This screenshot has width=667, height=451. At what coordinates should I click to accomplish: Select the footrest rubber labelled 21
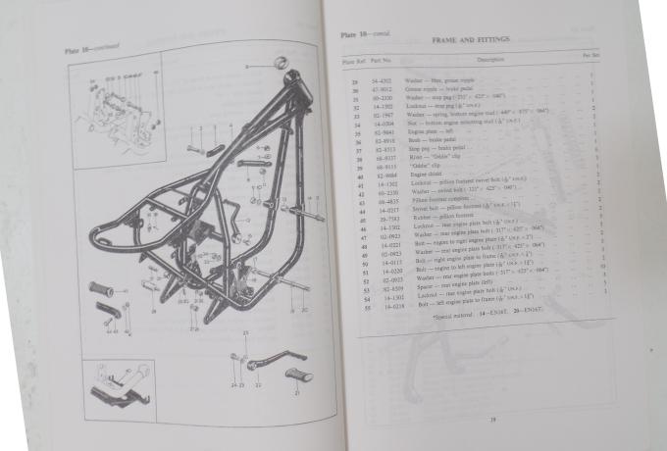click(296, 374)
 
